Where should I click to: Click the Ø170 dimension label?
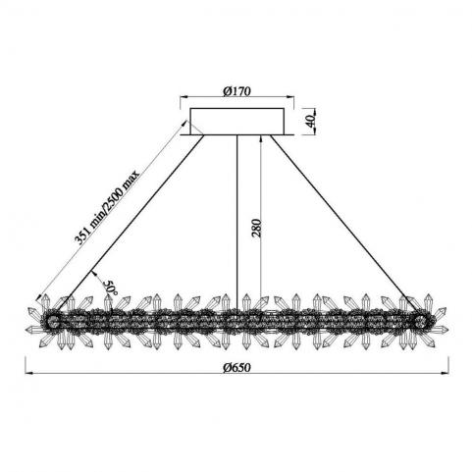click(237, 91)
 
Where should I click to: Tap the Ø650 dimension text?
click(237, 367)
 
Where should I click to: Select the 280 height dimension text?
click(257, 228)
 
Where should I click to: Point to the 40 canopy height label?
click(311, 121)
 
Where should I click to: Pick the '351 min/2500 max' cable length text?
click(107, 207)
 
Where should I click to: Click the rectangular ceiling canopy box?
click(237, 121)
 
